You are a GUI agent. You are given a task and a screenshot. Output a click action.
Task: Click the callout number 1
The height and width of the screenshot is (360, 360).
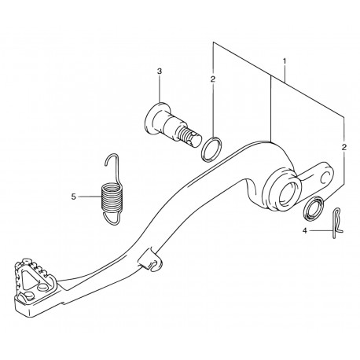[285, 61]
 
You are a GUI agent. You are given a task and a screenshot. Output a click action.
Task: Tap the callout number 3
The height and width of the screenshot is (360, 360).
[160, 71]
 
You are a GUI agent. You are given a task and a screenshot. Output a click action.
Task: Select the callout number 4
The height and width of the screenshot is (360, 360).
[304, 231]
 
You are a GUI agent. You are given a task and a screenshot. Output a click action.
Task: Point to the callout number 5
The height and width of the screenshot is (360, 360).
[73, 197]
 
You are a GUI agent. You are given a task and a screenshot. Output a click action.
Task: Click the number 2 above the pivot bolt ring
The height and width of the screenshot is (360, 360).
[213, 79]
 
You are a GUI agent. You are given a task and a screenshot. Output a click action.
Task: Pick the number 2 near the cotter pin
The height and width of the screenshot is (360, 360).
[344, 147]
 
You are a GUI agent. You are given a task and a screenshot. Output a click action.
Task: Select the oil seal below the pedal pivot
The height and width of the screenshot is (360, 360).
[314, 208]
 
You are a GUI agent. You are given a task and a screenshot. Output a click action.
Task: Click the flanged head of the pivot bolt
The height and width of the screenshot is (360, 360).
[154, 119]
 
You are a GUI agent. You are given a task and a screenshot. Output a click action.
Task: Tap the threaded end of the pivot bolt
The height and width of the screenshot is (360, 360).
[189, 137]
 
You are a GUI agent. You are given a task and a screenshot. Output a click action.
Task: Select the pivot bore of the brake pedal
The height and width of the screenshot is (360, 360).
[288, 192]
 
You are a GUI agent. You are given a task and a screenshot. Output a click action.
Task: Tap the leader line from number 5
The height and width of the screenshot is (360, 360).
[90, 197]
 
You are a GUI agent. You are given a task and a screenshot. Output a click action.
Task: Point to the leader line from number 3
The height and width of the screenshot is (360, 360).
[160, 89]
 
